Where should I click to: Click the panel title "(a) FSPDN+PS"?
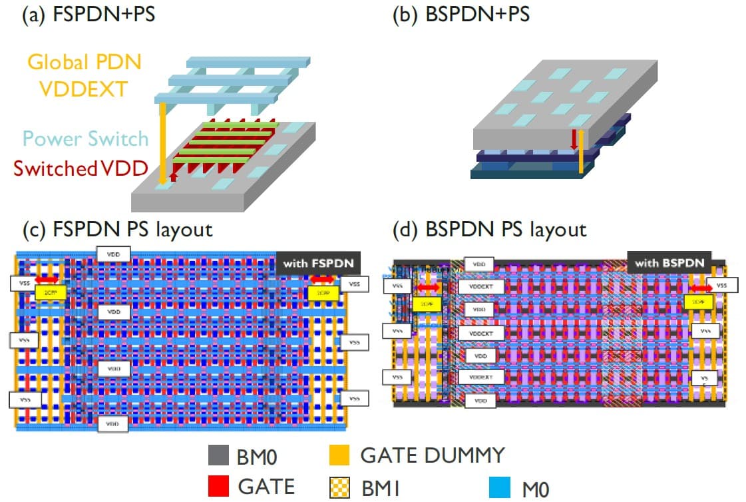(88, 14)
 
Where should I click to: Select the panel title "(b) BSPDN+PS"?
(462, 14)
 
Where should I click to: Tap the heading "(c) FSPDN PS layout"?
(117, 230)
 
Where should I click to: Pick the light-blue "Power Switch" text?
(85, 138)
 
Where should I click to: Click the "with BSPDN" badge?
(669, 263)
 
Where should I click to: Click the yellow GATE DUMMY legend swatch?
(339, 456)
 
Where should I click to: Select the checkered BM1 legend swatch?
(339, 487)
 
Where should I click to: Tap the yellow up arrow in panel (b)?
(581, 152)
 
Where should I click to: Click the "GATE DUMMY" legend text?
(432, 456)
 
